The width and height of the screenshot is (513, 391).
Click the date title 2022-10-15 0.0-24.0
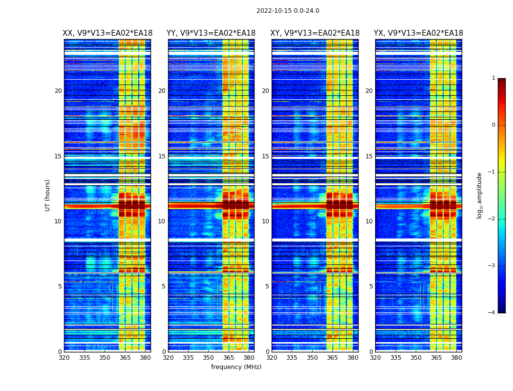tap(288, 11)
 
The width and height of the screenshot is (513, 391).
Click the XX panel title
tap(107, 33)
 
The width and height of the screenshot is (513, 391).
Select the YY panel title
tap(211, 33)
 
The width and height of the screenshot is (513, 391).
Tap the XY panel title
tap(315, 33)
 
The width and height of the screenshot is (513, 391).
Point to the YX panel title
tap(419, 33)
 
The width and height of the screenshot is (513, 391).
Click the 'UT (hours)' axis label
tap(48, 195)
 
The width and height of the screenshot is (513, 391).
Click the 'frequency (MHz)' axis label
tap(236, 367)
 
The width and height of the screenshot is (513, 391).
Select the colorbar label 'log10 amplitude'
tap(480, 195)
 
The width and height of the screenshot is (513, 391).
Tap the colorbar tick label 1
tap(493, 78)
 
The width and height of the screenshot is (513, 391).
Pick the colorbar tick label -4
tap(492, 313)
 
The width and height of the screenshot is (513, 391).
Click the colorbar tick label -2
tap(492, 219)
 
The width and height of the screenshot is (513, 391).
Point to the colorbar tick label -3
tap(492, 266)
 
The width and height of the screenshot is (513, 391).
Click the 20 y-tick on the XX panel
tap(58, 91)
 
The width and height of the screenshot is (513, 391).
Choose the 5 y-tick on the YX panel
tap(371, 286)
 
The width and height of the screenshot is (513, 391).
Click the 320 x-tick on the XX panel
tap(64, 358)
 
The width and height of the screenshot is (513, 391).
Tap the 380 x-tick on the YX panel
tap(456, 358)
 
